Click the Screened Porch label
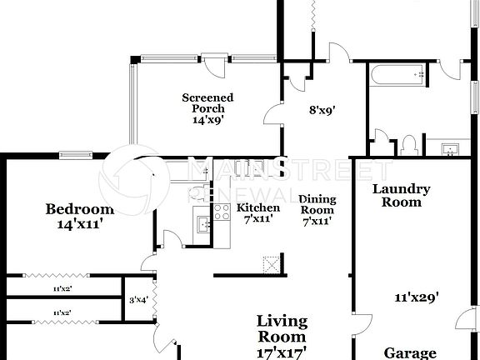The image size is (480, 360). pyautogui.click(x=207, y=102)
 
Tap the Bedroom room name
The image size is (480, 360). pyautogui.click(x=79, y=208)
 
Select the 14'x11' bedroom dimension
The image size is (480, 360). pyautogui.click(x=79, y=223)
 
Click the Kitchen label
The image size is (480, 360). pyautogui.click(x=257, y=207)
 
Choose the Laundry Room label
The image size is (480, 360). pyautogui.click(x=401, y=195)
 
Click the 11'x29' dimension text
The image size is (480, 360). pyautogui.click(x=416, y=296)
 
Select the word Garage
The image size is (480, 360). pyautogui.click(x=410, y=352)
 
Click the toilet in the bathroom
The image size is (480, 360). pyautogui.click(x=407, y=145)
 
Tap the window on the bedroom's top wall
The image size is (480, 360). pyautogui.click(x=75, y=153)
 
